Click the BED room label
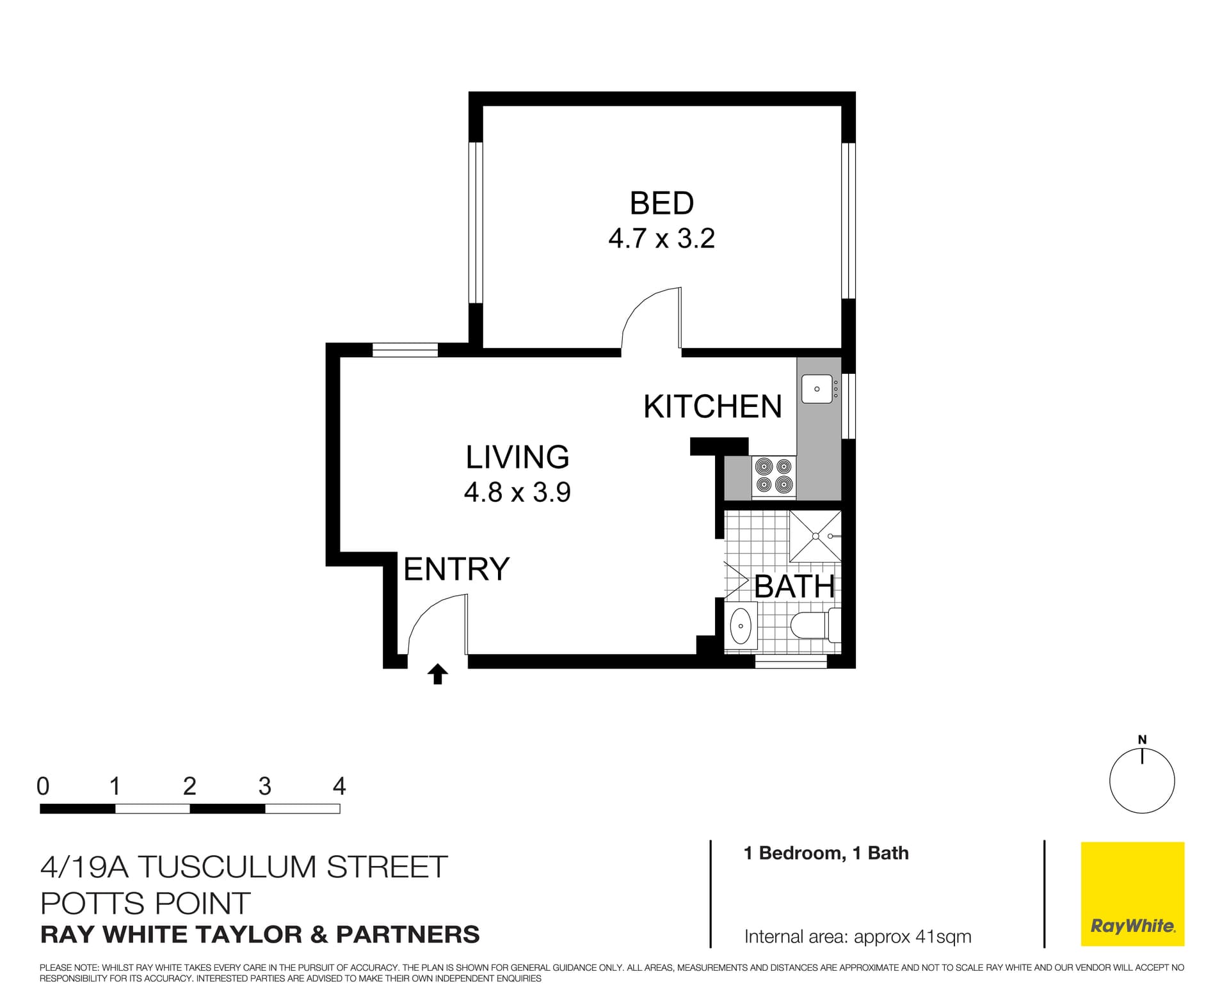[x=661, y=204]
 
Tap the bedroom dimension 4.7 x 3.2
[x=661, y=239]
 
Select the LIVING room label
[x=517, y=457]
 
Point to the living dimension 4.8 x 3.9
[x=517, y=492]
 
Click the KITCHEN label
[x=712, y=407]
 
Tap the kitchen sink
[x=817, y=389]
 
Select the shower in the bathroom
[x=815, y=536]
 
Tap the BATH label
[x=794, y=586]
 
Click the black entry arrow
[x=438, y=675]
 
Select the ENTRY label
[x=456, y=569]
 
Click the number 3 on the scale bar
[x=264, y=786]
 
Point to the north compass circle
[x=1142, y=781]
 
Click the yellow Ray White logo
[x=1132, y=893]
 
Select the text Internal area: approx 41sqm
[x=857, y=937]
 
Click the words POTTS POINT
[x=145, y=904]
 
